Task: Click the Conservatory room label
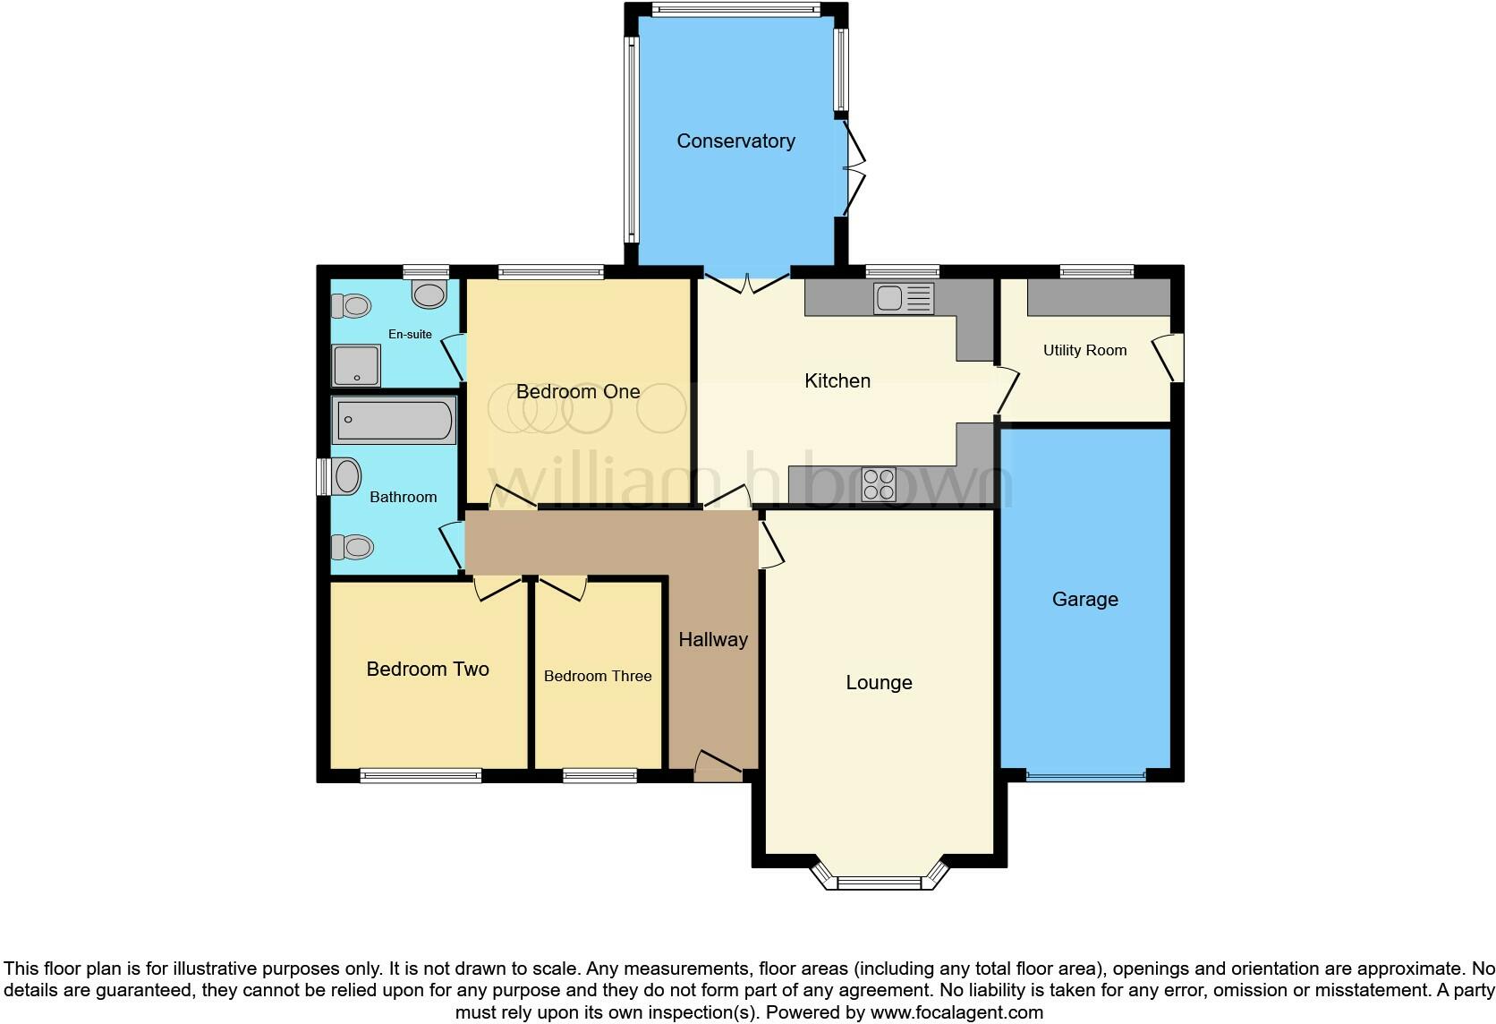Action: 735,141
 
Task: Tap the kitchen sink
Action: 904,298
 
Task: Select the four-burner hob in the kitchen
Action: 878,484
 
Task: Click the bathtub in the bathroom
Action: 395,421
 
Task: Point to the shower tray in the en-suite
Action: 356,365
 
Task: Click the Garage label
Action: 1084,599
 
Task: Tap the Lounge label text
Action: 879,682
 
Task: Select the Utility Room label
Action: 1084,350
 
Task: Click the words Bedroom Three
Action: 598,676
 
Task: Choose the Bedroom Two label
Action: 428,669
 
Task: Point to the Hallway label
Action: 712,639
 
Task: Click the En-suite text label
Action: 410,334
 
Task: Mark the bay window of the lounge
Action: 879,883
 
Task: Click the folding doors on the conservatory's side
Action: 855,169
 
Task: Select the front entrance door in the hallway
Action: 718,764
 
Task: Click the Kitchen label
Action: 837,380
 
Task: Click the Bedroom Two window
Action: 421,776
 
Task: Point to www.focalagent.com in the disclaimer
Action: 956,1012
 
